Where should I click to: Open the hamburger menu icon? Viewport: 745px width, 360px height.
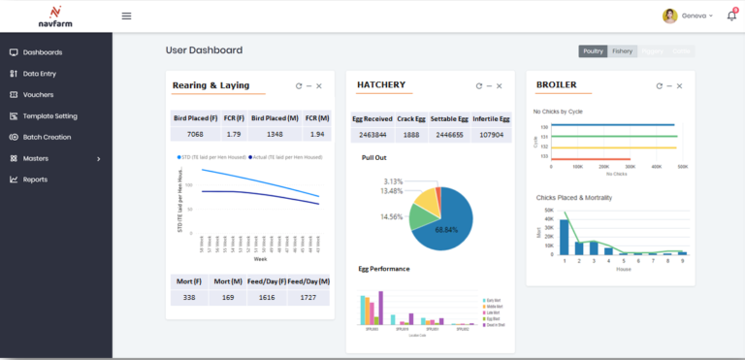[x=126, y=16]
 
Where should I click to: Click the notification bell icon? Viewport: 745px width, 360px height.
[x=730, y=16]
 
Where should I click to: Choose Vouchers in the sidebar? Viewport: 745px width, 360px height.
[x=38, y=95]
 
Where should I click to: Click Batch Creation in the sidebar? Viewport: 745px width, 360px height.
[x=47, y=137]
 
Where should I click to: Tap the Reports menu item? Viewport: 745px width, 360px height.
[x=35, y=180]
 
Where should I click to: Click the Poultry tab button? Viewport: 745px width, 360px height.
[x=593, y=50]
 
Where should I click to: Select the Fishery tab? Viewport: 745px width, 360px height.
[x=622, y=50]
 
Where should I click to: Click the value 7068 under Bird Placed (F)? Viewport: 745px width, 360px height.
[x=195, y=134]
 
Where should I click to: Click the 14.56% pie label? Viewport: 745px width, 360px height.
[x=392, y=216]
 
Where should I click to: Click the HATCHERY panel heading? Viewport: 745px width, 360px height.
[x=381, y=85]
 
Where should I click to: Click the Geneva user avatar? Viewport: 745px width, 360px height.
[x=669, y=16]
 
